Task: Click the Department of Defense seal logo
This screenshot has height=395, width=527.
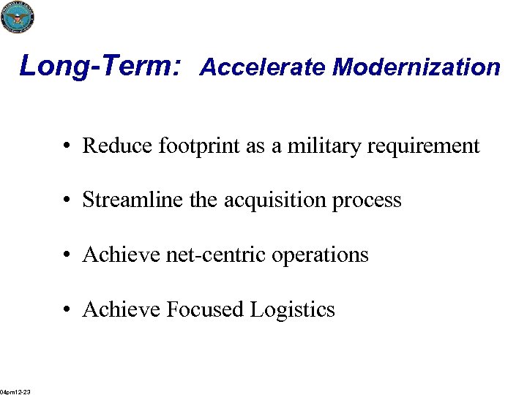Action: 18,17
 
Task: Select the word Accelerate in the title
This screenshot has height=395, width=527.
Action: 263,67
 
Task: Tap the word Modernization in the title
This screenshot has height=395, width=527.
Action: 416,67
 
